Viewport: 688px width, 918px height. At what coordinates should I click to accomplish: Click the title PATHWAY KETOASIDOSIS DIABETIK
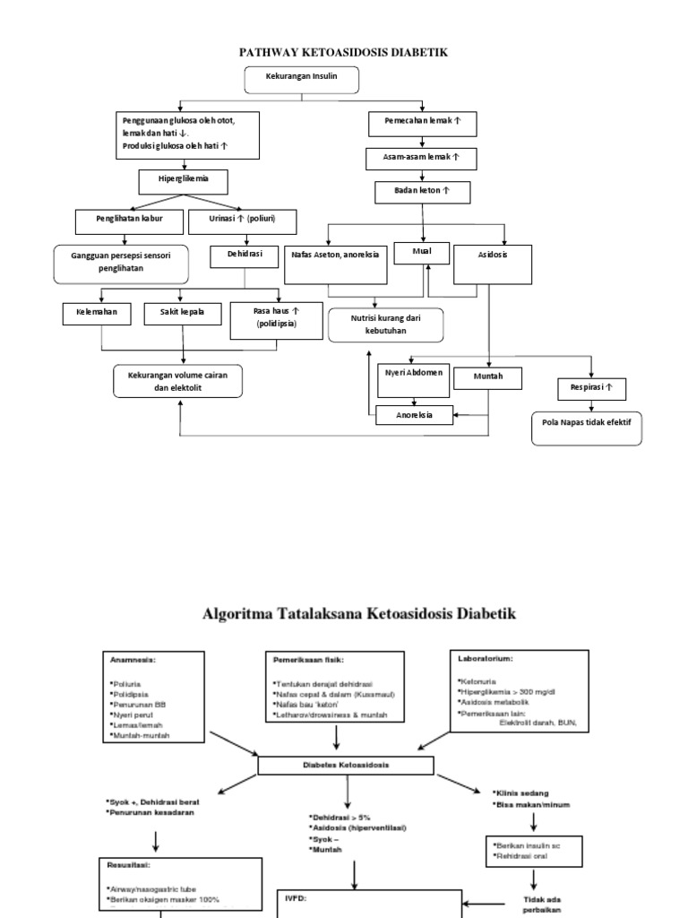[x=343, y=54]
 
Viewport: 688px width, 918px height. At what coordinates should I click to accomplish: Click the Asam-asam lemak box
[x=422, y=159]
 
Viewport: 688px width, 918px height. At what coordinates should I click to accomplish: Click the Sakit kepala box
[x=182, y=313]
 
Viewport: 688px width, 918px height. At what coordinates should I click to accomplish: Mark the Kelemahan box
[x=97, y=313]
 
